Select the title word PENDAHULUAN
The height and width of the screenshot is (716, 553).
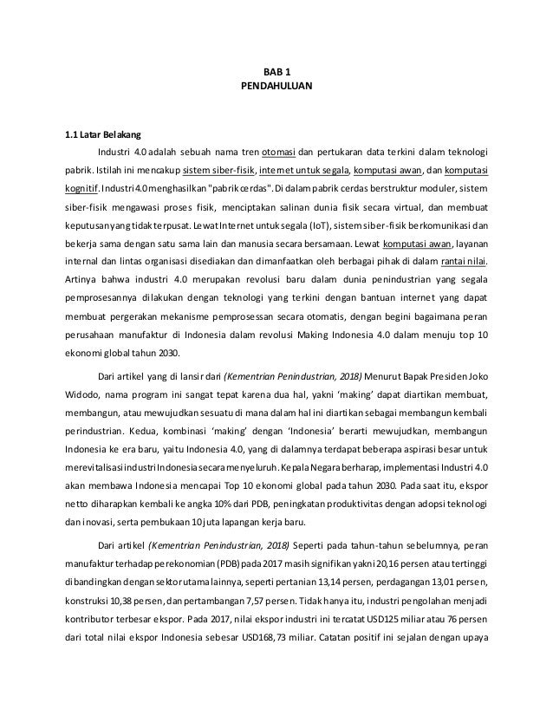(276, 88)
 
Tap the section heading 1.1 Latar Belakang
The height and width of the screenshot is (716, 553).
(94, 134)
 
